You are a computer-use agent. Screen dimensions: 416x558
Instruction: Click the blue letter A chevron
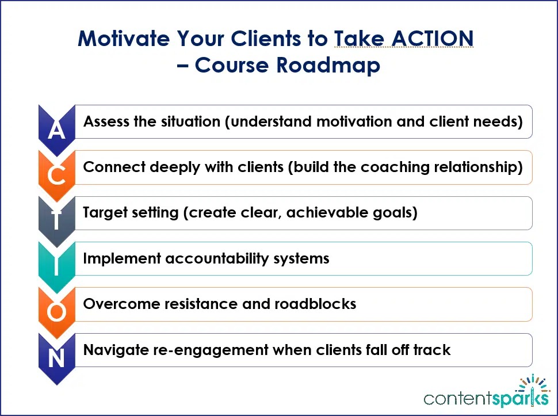[56, 129]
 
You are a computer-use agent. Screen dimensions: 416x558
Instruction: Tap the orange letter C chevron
[56, 174]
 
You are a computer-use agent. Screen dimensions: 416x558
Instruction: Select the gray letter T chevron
[56, 220]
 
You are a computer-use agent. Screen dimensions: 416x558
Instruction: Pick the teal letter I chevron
[56, 265]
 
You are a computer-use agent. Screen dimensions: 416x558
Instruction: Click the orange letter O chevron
[56, 311]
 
